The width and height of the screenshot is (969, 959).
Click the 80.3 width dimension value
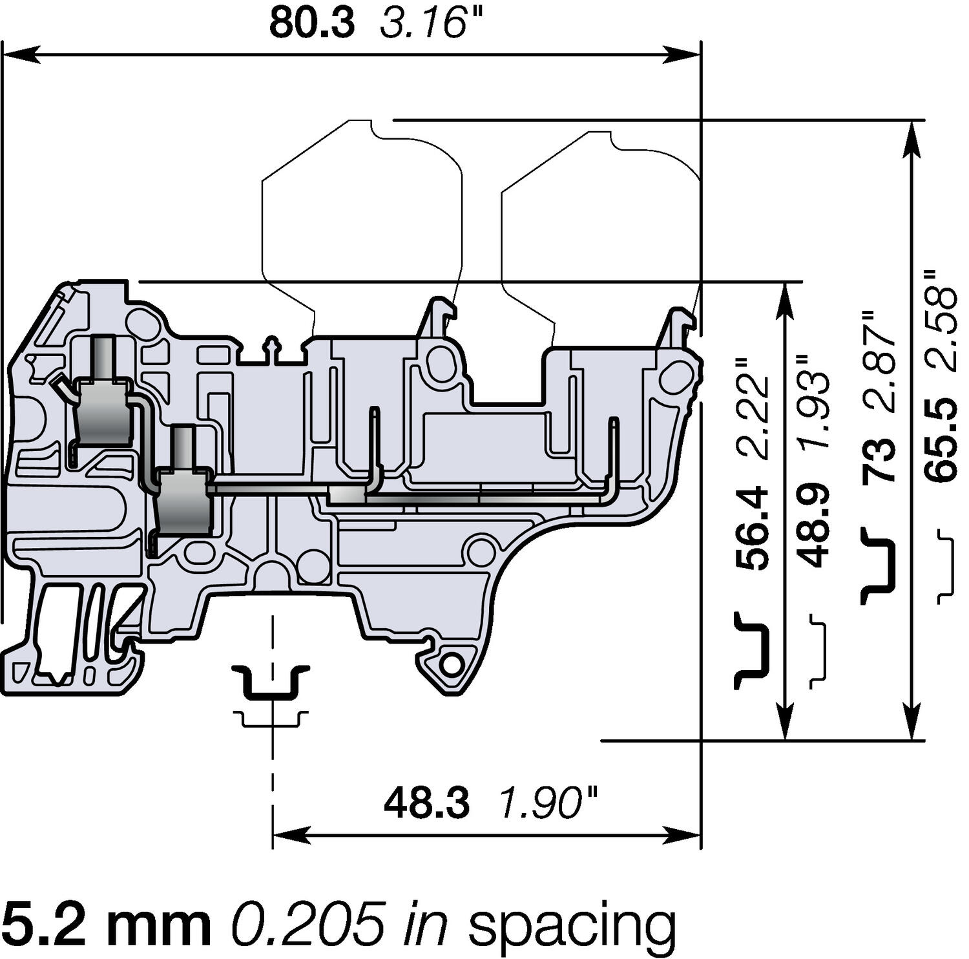pos(312,23)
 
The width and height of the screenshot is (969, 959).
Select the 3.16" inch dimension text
pos(432,23)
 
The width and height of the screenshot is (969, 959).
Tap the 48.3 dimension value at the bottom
pos(426,804)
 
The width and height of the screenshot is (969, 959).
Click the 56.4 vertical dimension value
pos(753,529)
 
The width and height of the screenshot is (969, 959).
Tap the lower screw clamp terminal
pos(184,501)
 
